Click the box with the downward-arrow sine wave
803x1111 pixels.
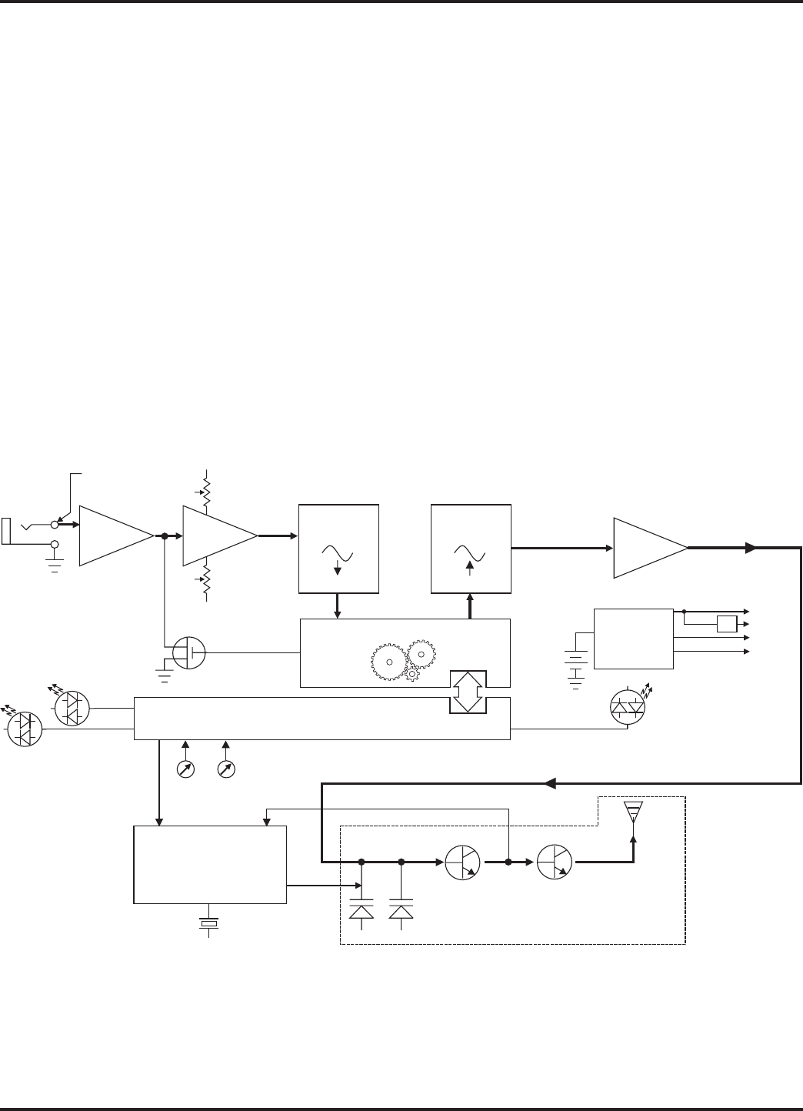click(338, 549)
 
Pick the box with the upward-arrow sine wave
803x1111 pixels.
click(471, 549)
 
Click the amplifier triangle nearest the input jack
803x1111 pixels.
click(115, 536)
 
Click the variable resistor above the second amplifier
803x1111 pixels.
click(206, 489)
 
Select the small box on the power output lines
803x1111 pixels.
click(727, 623)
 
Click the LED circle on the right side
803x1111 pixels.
click(628, 708)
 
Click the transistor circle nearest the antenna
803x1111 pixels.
click(555, 862)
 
